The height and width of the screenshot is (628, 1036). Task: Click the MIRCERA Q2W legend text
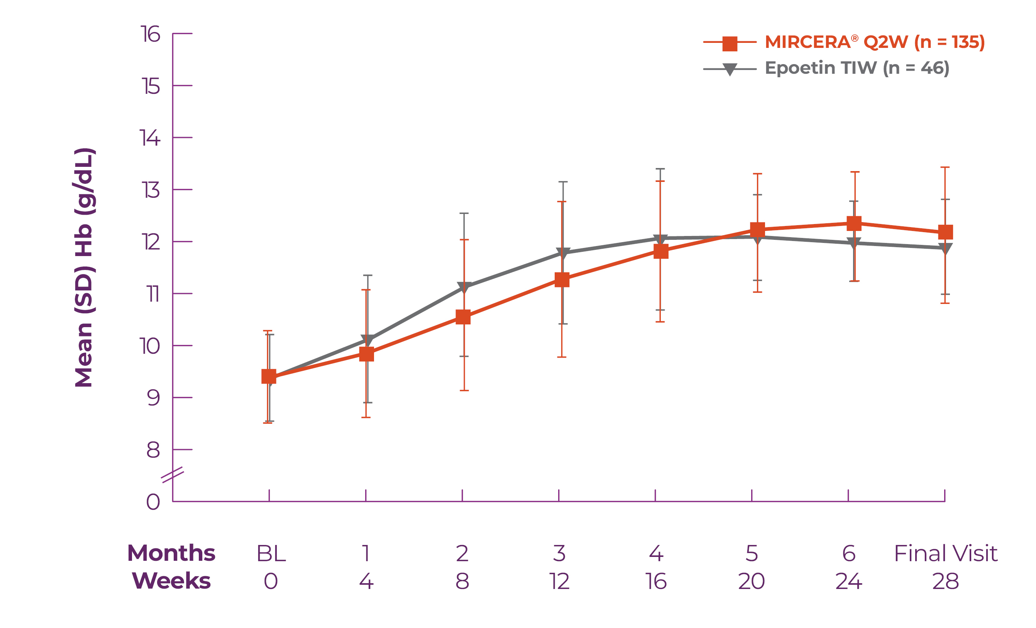tap(875, 42)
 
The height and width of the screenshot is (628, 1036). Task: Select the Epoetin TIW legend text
tap(857, 68)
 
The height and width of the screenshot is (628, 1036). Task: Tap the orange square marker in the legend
tap(730, 43)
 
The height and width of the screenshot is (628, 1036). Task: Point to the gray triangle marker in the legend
tap(730, 69)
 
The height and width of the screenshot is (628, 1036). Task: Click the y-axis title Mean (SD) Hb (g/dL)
tap(84, 268)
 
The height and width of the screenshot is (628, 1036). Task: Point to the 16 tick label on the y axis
tap(150, 34)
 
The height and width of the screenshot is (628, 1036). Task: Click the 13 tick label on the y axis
tap(150, 190)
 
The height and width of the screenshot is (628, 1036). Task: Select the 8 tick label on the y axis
tap(153, 450)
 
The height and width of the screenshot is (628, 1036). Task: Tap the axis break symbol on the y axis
tap(173, 475)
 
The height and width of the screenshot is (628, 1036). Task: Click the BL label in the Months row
tap(271, 553)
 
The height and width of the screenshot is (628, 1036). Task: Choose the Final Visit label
tap(946, 553)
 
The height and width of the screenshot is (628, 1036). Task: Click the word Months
tap(171, 553)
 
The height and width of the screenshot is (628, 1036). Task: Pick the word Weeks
tap(171, 581)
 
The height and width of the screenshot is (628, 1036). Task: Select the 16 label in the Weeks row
tap(656, 582)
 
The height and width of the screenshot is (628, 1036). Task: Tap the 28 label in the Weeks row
tap(946, 582)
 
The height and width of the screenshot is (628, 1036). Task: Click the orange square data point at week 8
tap(463, 317)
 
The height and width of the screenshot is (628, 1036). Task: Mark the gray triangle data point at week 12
tap(563, 253)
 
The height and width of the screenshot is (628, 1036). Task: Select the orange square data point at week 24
tap(854, 223)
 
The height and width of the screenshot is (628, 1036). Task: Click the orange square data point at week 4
tap(367, 354)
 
